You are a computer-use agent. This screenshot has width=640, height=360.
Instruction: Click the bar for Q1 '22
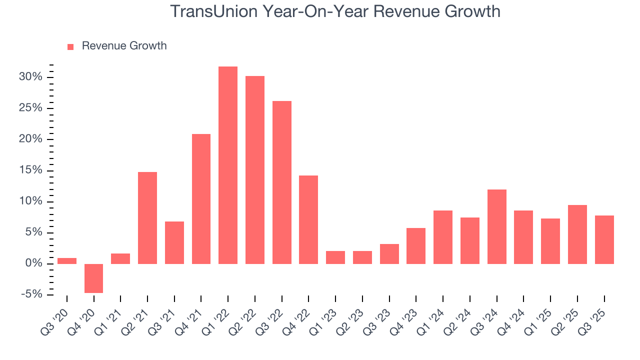(228, 165)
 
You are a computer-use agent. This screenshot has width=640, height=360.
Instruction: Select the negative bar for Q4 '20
(93, 278)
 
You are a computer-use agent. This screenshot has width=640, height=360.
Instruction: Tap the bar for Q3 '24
(496, 226)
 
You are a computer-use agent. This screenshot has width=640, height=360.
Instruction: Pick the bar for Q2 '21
(147, 218)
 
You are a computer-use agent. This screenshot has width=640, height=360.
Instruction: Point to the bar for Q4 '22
(308, 219)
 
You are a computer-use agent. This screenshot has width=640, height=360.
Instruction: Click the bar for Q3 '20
(67, 261)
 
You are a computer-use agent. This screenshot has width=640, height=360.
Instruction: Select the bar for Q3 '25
(604, 239)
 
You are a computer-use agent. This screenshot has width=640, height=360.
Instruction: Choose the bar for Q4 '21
(201, 199)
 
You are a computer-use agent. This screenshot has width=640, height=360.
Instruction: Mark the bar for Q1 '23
(335, 257)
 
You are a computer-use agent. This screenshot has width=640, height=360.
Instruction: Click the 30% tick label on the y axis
(31, 77)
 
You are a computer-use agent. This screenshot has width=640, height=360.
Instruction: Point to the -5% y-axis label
(31, 294)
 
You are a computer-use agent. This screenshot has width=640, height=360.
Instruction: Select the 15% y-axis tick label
(31, 170)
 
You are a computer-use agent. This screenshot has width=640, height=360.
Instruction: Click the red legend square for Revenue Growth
(70, 46)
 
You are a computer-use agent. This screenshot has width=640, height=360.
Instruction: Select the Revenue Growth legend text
(124, 46)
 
